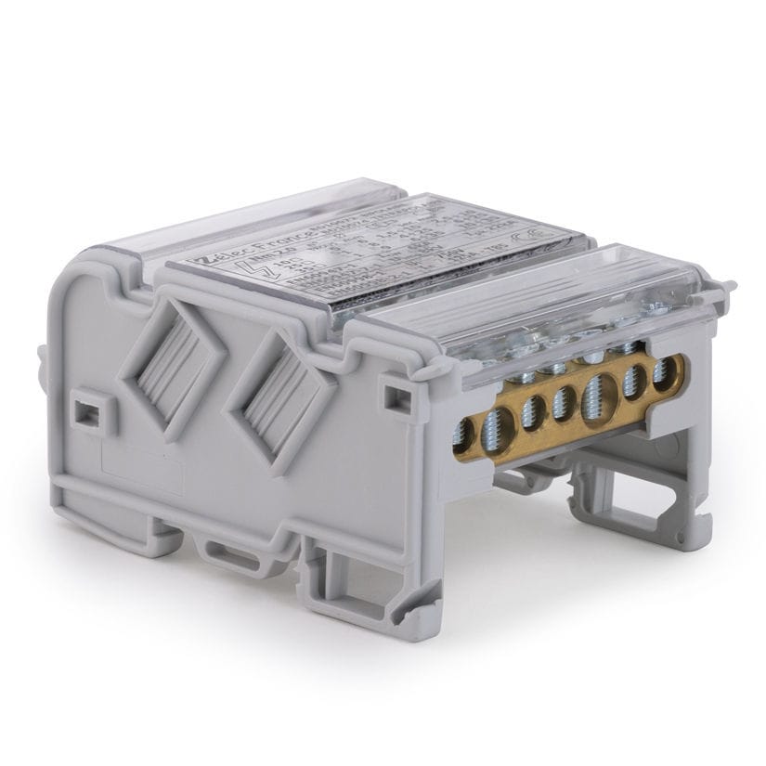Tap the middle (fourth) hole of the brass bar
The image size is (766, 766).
(x=561, y=402)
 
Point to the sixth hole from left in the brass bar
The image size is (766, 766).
(x=636, y=380)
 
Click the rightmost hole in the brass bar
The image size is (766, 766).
(x=663, y=370)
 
